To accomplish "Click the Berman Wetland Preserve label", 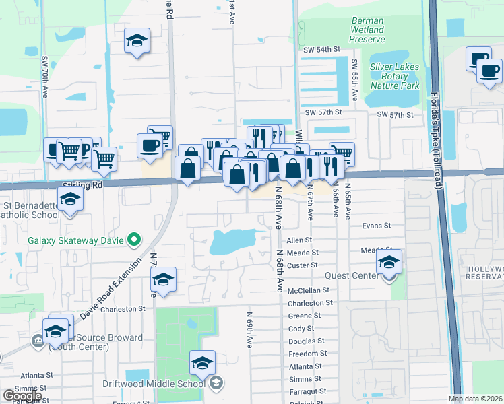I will (367, 30).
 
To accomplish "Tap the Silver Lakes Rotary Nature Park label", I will (394, 77).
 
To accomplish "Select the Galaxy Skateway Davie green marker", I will (134, 239).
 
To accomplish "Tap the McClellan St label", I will (307, 290).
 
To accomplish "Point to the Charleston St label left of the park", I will (123, 309).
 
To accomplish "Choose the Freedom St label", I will (307, 353).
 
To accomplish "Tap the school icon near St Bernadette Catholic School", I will (69, 200).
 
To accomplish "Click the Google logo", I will (22, 396).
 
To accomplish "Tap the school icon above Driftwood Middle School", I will (202, 363).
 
